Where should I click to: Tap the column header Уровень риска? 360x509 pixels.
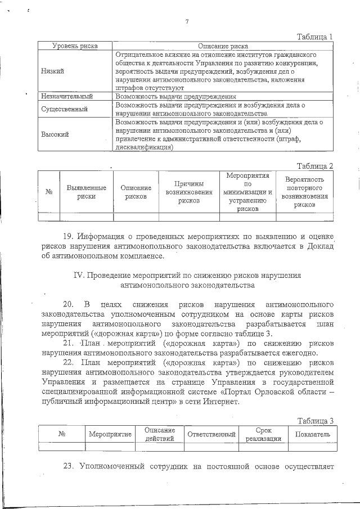click(75, 46)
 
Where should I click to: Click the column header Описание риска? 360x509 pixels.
click(223, 46)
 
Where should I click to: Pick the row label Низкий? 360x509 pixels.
click(52, 71)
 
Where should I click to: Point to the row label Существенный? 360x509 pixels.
click(62, 109)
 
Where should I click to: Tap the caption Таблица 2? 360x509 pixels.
click(316, 166)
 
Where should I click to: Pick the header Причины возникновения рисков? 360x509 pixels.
click(189, 192)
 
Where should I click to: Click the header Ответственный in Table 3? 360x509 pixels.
click(211, 434)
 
